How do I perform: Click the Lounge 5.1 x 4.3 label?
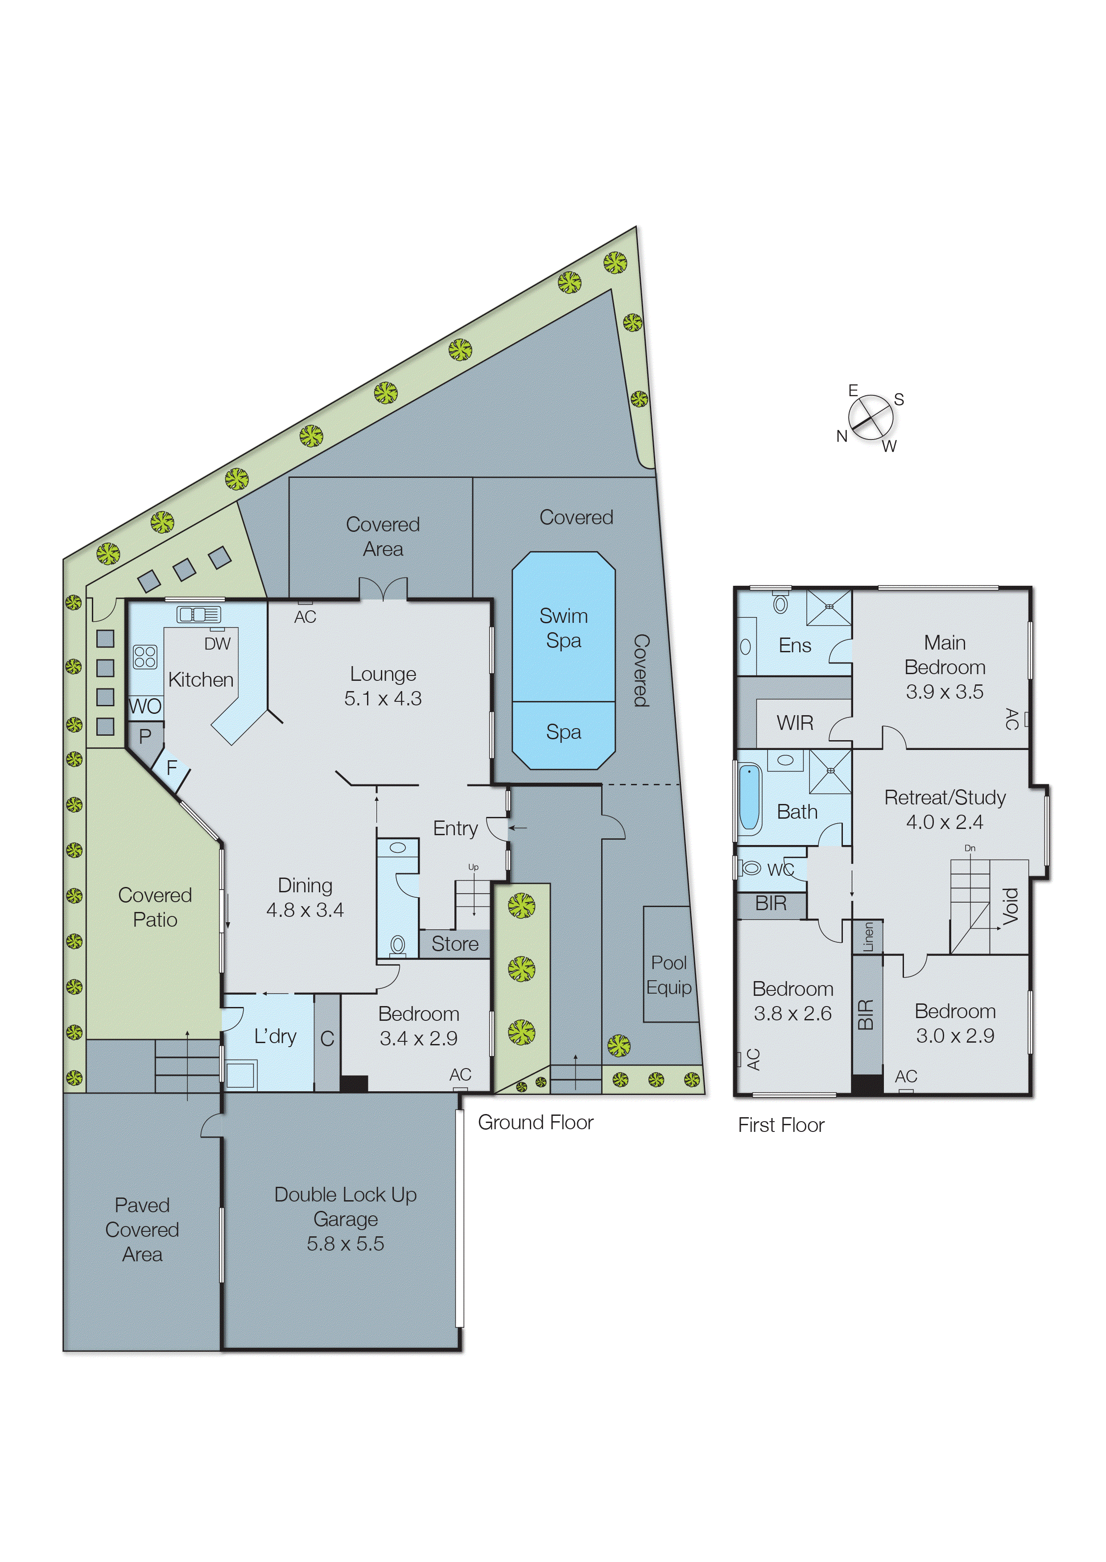coord(383,686)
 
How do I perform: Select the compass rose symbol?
coord(870,418)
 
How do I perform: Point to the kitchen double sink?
coord(199,614)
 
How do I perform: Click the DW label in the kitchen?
coord(217,644)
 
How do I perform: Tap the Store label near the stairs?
coord(454,944)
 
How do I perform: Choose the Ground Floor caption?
coord(535,1122)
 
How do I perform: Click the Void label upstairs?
coord(1011,906)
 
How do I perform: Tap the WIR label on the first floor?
coord(795,723)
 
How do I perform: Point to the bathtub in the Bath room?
coord(749,797)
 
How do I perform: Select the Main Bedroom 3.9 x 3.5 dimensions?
coord(944,692)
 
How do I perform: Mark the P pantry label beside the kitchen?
coord(145,736)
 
